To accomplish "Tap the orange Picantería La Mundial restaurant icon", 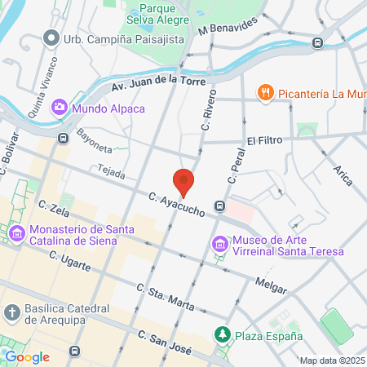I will (264, 92).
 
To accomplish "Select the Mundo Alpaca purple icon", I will (60, 107).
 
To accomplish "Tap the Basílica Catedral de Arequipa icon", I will (11, 312).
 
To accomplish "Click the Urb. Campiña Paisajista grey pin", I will (51, 38).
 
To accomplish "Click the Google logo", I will (27, 356).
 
